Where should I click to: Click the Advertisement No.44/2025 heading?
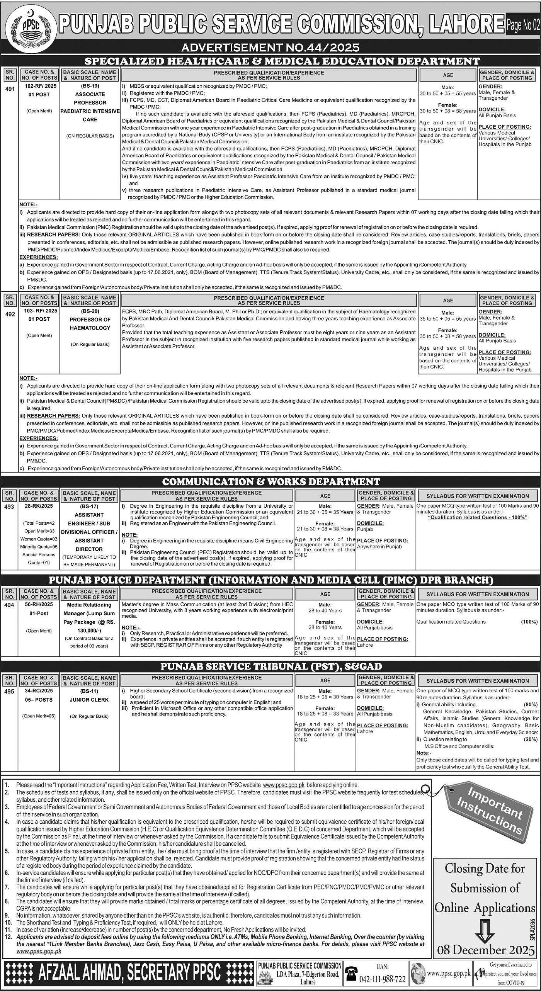tap(270, 48)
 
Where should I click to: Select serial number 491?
tap(10, 89)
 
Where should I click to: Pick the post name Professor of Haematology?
tap(90, 324)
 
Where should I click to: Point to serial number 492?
tap(10, 314)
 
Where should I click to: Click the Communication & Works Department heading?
tap(271, 481)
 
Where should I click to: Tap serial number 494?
tap(10, 605)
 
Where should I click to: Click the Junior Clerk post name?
tap(89, 700)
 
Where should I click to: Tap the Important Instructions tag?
tap(491, 805)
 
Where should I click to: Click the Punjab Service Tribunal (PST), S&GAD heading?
tap(271, 666)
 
